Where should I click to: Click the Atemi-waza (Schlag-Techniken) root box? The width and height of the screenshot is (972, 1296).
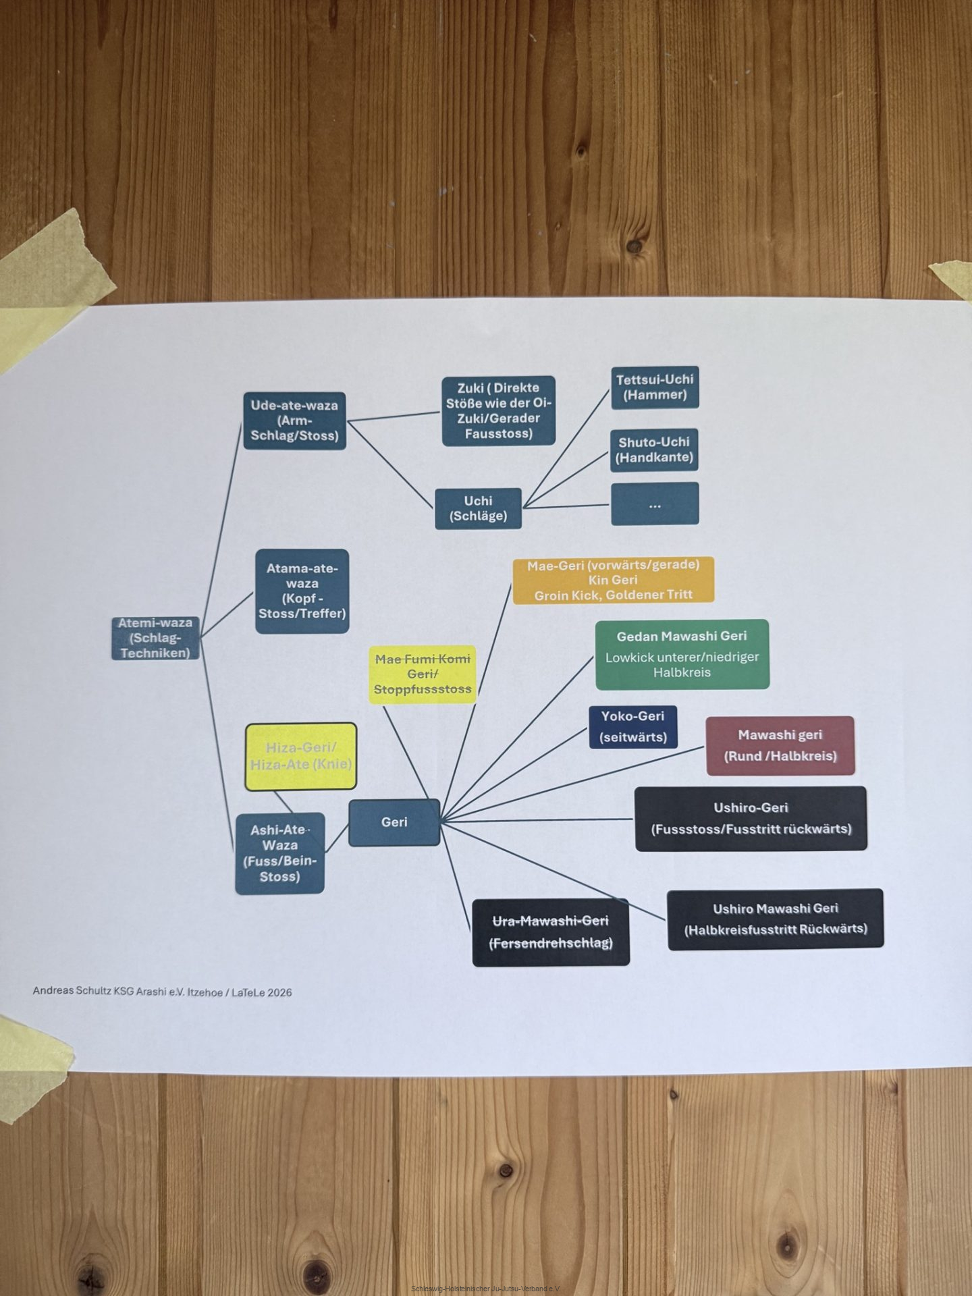click(x=155, y=638)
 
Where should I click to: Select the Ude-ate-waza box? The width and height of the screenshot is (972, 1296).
click(x=294, y=421)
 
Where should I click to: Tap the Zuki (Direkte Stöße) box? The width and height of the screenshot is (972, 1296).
click(x=498, y=410)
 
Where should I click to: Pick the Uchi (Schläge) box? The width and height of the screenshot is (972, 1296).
click(x=478, y=508)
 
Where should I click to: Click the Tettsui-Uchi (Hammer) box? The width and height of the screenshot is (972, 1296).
click(x=655, y=387)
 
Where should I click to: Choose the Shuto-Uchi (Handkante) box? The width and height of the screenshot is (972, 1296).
click(x=654, y=450)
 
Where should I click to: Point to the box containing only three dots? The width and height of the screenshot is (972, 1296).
click(x=655, y=504)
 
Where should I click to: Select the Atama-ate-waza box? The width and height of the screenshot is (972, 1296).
click(x=302, y=591)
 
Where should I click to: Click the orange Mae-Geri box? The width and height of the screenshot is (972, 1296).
click(x=613, y=580)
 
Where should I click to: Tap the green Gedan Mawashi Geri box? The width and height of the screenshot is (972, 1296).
click(x=682, y=654)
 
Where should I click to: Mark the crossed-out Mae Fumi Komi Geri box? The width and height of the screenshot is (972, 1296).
click(x=423, y=674)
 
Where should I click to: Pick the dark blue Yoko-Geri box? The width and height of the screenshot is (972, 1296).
click(x=632, y=727)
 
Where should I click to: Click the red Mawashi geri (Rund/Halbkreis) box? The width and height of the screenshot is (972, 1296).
click(x=780, y=745)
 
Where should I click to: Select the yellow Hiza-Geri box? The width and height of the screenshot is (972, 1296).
click(x=300, y=756)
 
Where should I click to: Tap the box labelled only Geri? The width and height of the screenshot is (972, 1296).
click(x=394, y=822)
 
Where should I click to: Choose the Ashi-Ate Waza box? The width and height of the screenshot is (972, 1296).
click(x=279, y=853)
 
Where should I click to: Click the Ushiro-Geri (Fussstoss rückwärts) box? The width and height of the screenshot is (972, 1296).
click(x=751, y=818)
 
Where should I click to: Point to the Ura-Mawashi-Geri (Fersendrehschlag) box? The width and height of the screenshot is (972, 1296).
click(x=551, y=932)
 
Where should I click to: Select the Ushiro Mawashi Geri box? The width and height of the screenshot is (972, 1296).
click(x=775, y=919)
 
